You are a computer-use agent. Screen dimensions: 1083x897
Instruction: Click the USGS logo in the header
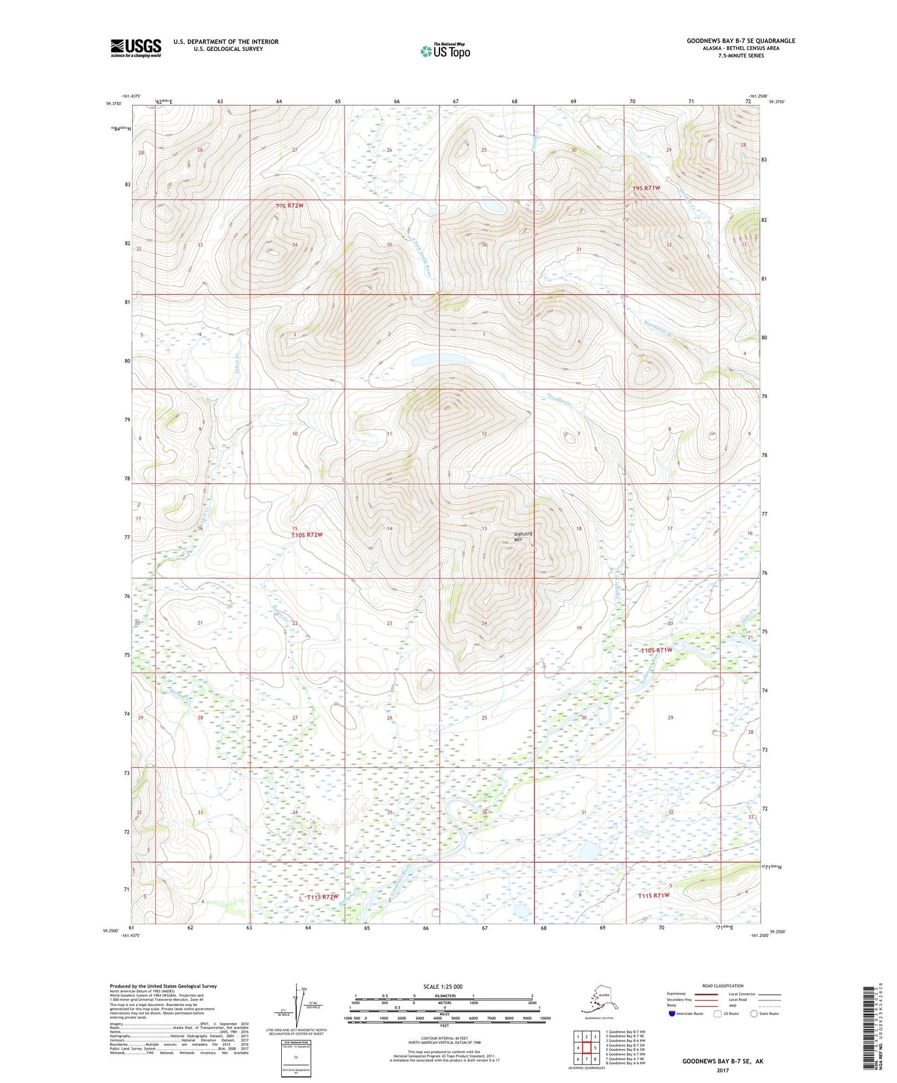(x=135, y=48)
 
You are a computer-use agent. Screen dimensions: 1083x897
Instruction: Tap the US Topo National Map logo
(x=444, y=50)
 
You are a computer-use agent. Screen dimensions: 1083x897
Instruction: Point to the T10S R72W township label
(x=307, y=534)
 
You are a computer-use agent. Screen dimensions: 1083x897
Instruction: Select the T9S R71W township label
(x=646, y=187)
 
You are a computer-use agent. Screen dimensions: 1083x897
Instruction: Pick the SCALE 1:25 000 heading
(x=443, y=986)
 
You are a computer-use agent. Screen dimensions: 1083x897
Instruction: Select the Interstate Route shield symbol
(x=672, y=1014)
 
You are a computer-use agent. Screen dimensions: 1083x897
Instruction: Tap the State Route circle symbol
(x=754, y=1014)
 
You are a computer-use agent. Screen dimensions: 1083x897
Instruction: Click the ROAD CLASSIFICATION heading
(x=723, y=986)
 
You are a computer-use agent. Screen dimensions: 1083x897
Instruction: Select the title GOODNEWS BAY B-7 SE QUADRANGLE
(x=740, y=41)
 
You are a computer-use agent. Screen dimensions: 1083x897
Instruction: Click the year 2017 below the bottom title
(x=723, y=1070)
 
